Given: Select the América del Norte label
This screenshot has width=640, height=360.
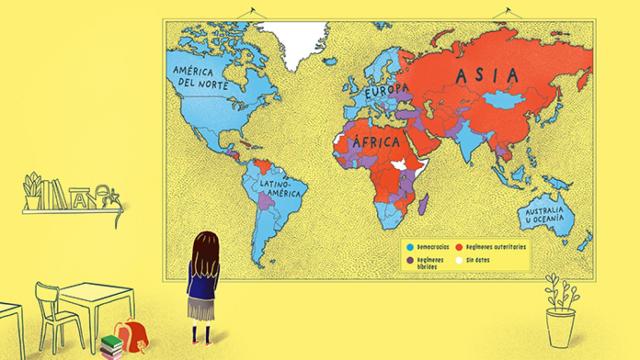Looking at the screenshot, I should (205, 78).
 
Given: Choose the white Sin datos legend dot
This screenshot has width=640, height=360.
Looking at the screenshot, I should (458, 257).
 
